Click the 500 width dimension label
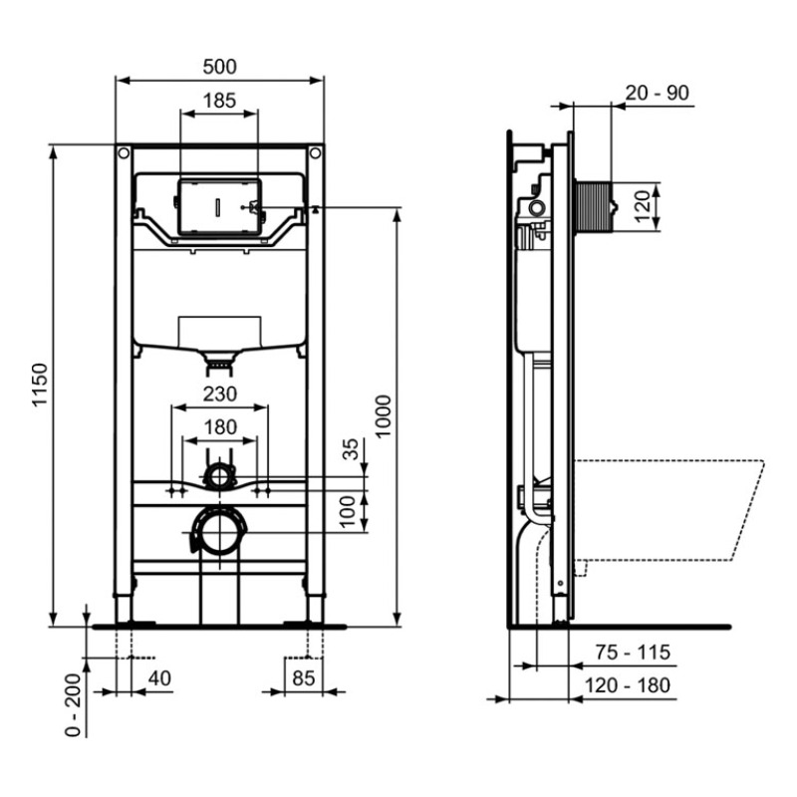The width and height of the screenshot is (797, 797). pos(219,67)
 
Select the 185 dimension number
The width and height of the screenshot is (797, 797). pos(219,101)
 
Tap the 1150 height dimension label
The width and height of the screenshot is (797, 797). pos(40,385)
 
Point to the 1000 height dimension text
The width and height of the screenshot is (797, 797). pos(384,415)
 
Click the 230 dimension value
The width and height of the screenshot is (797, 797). pos(220,394)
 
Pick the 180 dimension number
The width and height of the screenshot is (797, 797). pos(220,427)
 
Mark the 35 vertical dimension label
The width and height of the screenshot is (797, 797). pos(351,449)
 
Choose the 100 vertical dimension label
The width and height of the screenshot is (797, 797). pos(347,512)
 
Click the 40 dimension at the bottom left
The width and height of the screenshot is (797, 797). pos(159,678)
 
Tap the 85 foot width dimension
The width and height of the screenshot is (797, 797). pos(304,678)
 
